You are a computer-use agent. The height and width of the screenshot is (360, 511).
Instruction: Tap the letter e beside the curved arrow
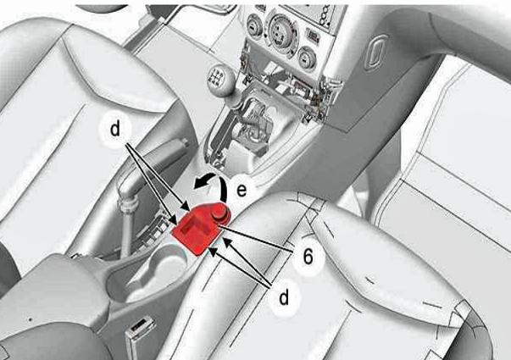(242, 190)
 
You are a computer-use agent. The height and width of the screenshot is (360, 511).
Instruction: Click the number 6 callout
(308, 257)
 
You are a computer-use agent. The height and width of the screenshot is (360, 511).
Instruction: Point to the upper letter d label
(115, 129)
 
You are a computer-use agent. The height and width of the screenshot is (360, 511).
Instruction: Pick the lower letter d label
(284, 296)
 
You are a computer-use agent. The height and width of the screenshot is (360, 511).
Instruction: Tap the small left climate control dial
(254, 26)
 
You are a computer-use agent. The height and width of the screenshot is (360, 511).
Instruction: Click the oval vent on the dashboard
(377, 53)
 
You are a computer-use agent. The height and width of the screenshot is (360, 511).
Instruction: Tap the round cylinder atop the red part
(219, 213)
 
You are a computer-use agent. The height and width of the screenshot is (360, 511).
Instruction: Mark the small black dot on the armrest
(30, 319)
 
